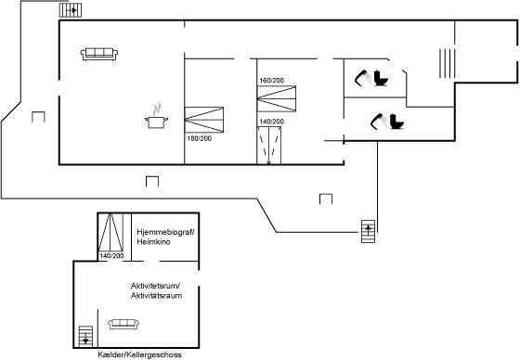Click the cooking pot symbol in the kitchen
(x=156, y=122)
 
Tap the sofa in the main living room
(x=99, y=54)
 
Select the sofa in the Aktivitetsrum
(x=123, y=324)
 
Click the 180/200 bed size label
(x=199, y=138)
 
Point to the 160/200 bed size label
(x=271, y=80)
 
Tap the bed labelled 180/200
(x=204, y=120)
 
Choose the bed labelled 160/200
(x=277, y=98)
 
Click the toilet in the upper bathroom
(x=381, y=78)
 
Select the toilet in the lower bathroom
(x=396, y=122)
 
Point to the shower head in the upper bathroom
(x=362, y=78)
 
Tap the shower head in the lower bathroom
(x=378, y=121)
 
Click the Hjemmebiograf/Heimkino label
(x=165, y=237)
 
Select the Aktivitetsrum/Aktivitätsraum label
(x=156, y=290)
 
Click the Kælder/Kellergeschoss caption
(x=139, y=354)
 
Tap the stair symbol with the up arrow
(x=368, y=231)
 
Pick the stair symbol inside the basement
(x=85, y=337)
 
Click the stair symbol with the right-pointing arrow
(x=71, y=10)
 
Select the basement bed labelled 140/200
(x=110, y=232)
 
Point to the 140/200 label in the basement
(x=111, y=256)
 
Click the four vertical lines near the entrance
(x=447, y=63)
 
